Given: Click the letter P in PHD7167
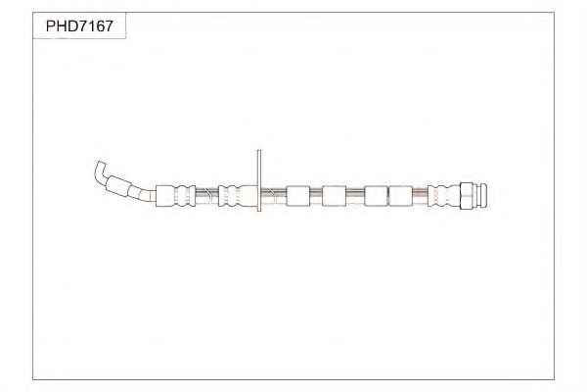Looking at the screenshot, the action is click(51, 26).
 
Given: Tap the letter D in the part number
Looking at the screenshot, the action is click(71, 26).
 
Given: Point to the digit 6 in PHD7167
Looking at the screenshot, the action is click(99, 26).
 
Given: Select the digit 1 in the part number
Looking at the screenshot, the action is click(91, 26).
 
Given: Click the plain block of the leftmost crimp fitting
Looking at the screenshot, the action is click(165, 195).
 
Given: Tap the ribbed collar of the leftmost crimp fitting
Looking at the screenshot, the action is click(185, 195).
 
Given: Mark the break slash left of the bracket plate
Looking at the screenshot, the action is click(208, 194).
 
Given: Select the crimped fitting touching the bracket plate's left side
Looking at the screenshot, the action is click(238, 195).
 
